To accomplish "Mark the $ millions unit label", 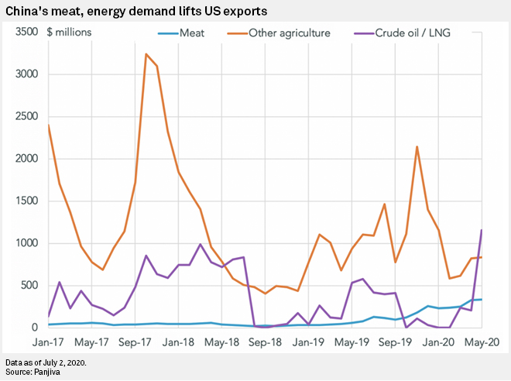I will [69, 33].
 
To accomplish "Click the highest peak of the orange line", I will [146, 54].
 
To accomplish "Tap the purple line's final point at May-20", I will [482, 230].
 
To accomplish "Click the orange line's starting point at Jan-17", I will [48, 125].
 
